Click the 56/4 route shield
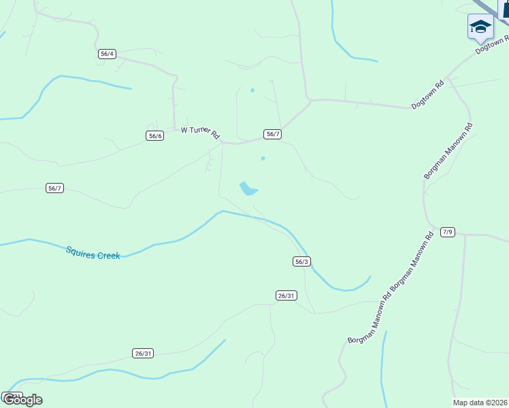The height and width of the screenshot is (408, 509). point(107,54)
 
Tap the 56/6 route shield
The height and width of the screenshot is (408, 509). point(154,135)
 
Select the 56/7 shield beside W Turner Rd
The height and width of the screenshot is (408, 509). point(272,134)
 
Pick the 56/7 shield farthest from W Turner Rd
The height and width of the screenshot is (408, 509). point(55,188)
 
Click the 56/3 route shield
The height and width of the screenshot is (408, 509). point(302,261)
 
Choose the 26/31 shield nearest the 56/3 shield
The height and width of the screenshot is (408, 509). point(286,295)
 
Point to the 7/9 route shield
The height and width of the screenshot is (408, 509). point(447,232)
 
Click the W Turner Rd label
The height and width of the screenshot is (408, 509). point(200,131)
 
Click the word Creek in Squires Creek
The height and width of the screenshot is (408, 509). point(108,256)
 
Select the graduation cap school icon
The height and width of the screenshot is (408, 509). point(480,27)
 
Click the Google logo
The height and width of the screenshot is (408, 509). point(22,399)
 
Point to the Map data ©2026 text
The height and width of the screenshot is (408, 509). point(480,402)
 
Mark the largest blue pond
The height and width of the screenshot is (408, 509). point(248,188)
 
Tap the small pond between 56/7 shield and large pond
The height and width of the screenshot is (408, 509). point(263,159)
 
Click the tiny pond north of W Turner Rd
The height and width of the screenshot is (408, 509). point(252,90)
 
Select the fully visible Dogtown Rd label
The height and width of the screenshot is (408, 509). point(428,95)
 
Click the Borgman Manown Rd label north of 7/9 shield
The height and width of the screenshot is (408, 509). point(448,151)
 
